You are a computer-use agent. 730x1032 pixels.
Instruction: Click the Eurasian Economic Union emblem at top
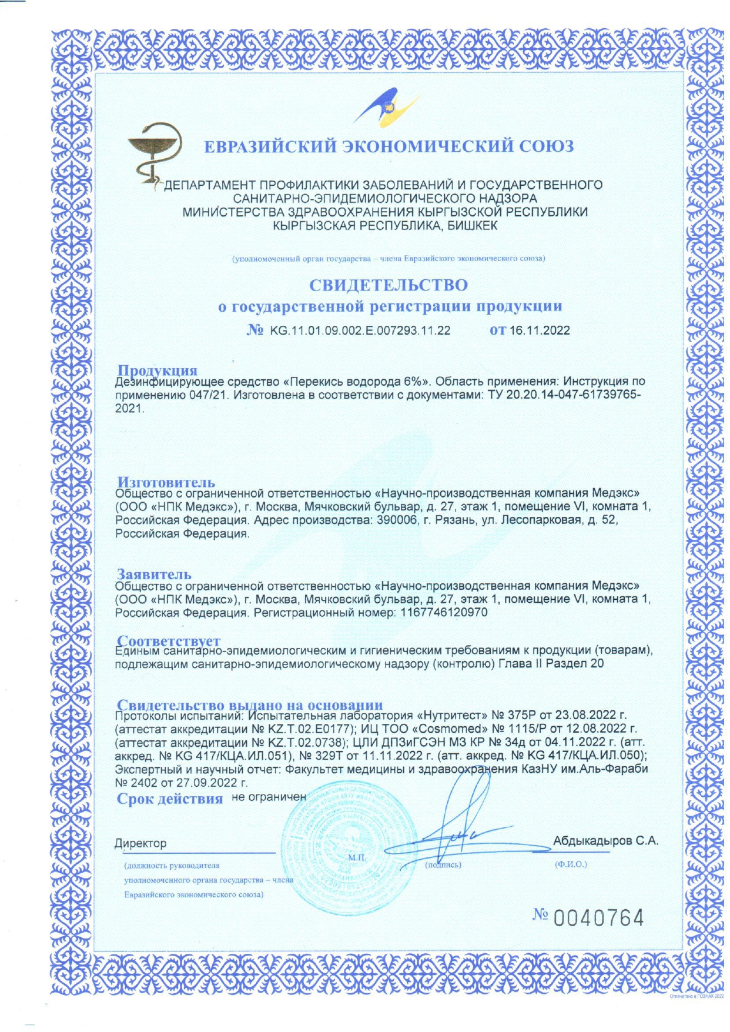click(386, 107)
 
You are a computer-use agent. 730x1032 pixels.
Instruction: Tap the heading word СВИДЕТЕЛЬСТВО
click(389, 285)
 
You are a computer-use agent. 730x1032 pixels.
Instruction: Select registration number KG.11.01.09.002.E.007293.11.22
click(360, 330)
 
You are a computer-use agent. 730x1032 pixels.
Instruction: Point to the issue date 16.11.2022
click(540, 330)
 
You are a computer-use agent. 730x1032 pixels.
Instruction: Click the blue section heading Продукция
click(157, 370)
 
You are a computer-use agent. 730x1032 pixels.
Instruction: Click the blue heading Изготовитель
click(166, 483)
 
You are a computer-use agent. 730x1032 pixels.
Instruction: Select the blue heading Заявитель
click(154, 574)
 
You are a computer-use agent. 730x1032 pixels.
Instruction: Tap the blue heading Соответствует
click(169, 640)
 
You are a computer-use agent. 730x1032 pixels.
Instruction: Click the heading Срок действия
click(169, 799)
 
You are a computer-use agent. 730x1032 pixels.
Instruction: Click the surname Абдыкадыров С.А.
click(605, 841)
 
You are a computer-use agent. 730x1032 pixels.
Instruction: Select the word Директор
click(140, 843)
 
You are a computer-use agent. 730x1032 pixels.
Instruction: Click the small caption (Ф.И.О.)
click(570, 864)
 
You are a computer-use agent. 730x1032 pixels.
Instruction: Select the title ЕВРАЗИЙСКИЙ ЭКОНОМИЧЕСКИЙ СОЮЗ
click(389, 146)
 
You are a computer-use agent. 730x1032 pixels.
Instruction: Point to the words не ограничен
click(269, 797)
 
